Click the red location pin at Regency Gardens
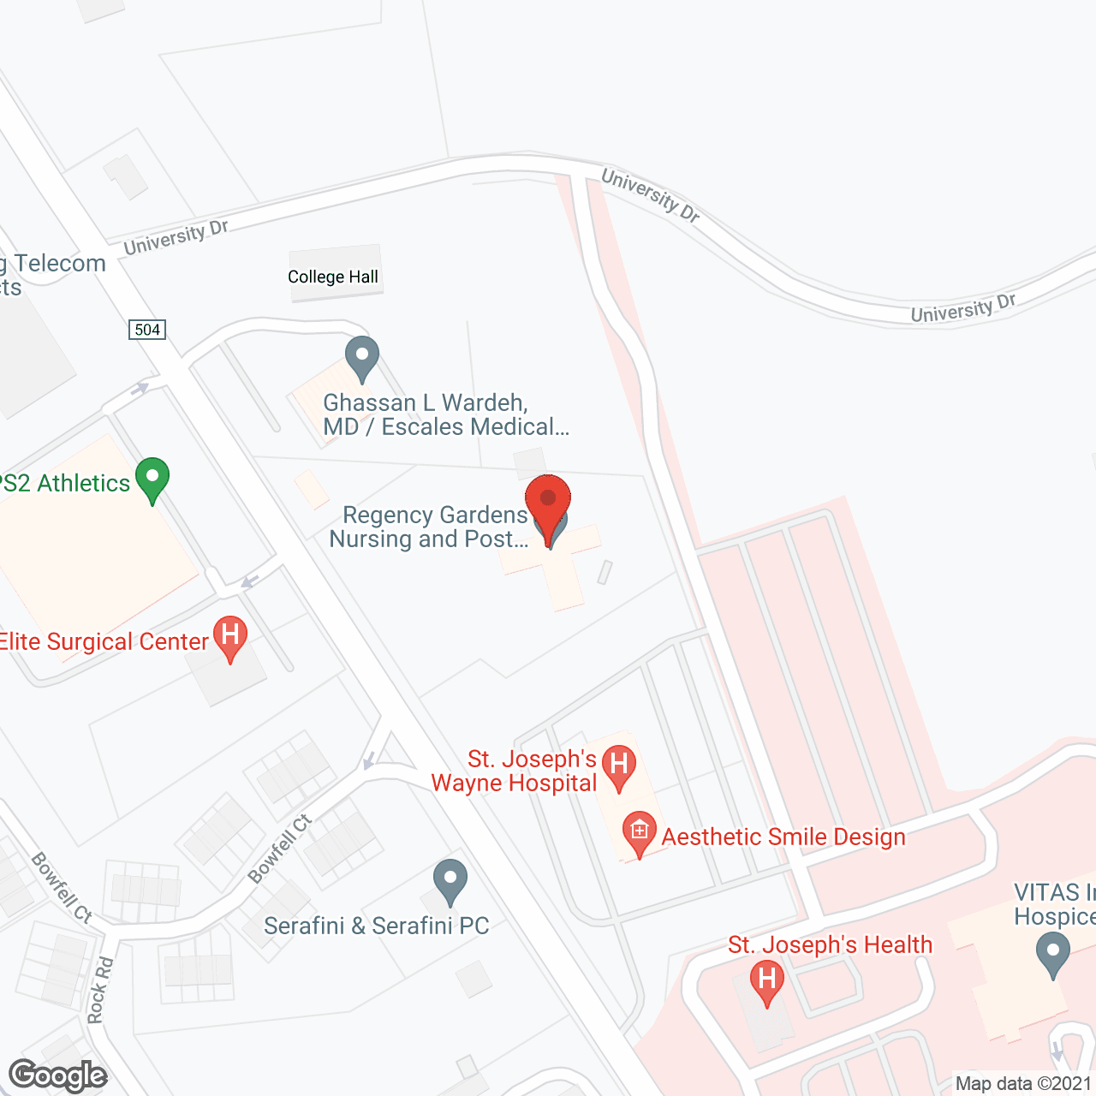click(x=548, y=498)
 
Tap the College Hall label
click(x=333, y=277)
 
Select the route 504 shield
click(x=147, y=330)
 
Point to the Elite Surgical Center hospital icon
click(x=229, y=637)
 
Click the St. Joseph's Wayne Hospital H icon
click(x=619, y=765)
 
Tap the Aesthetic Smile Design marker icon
click(x=639, y=832)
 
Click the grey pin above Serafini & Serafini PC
click(x=450, y=880)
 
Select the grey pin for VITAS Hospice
click(x=1052, y=953)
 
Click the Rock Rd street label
click(x=100, y=990)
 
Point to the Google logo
click(x=58, y=1075)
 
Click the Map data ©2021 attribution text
click(x=1023, y=1084)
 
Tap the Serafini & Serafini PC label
click(x=377, y=926)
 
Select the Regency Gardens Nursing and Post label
click(x=430, y=527)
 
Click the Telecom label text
click(x=60, y=264)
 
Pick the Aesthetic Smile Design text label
click(x=783, y=837)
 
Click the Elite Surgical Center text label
click(x=104, y=642)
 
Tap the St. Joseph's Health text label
click(x=830, y=944)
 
